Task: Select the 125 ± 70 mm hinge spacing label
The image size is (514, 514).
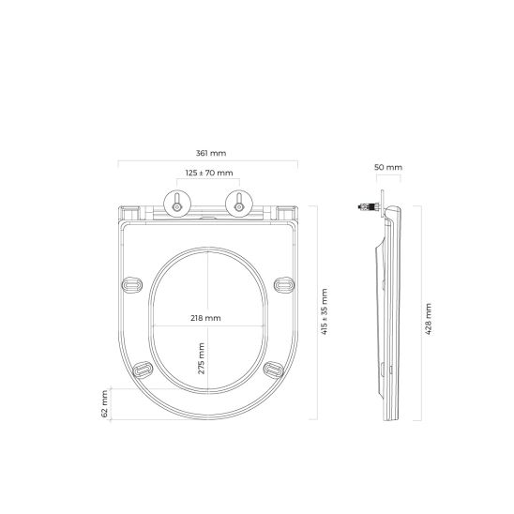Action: point(208,174)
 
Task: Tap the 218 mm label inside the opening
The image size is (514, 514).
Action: point(206,318)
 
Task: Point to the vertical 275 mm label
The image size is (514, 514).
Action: point(201,357)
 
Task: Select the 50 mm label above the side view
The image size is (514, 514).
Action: point(387,167)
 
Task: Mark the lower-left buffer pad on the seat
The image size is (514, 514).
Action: point(144,370)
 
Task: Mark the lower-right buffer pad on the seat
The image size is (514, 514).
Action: point(272,370)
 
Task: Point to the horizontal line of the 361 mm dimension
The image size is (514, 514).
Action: point(208,162)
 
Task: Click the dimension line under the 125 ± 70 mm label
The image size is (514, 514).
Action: point(208,184)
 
